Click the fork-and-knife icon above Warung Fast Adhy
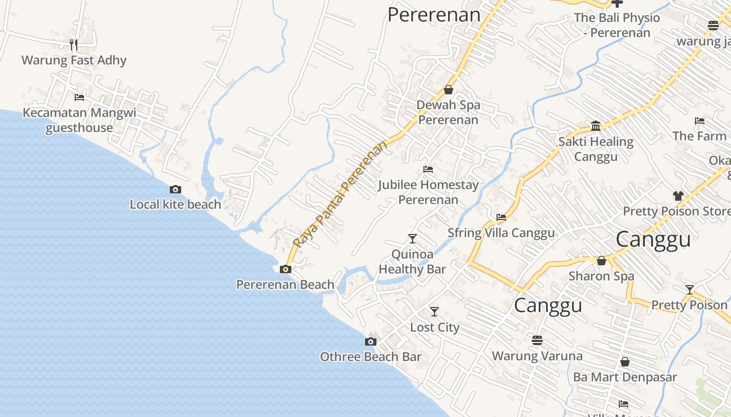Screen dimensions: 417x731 [x=74, y=45]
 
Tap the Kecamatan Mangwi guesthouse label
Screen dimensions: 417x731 [x=79, y=120]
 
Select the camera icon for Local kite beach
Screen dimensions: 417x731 [x=175, y=189]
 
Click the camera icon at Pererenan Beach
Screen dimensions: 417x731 [x=285, y=269]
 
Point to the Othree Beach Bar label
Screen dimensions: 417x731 [x=370, y=357]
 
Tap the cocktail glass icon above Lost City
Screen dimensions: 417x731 [x=434, y=312]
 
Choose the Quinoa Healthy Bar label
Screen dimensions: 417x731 [x=412, y=262]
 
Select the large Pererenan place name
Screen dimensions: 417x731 [x=433, y=15]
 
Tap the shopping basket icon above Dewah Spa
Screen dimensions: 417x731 [x=448, y=90]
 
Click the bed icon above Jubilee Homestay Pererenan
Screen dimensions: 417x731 [x=428, y=169]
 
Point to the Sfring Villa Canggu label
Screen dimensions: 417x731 [x=501, y=233]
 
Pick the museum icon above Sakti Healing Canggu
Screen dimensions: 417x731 [x=596, y=126]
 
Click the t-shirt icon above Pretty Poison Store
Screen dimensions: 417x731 [x=678, y=196]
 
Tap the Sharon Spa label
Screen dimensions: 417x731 [x=601, y=276]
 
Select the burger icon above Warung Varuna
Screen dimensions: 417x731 [x=537, y=340]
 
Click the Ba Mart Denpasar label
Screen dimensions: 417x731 [x=624, y=377]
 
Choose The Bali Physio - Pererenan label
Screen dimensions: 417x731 [x=617, y=25]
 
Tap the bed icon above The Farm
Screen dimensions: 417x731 [x=700, y=121]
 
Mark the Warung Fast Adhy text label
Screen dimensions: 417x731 [x=74, y=60]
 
